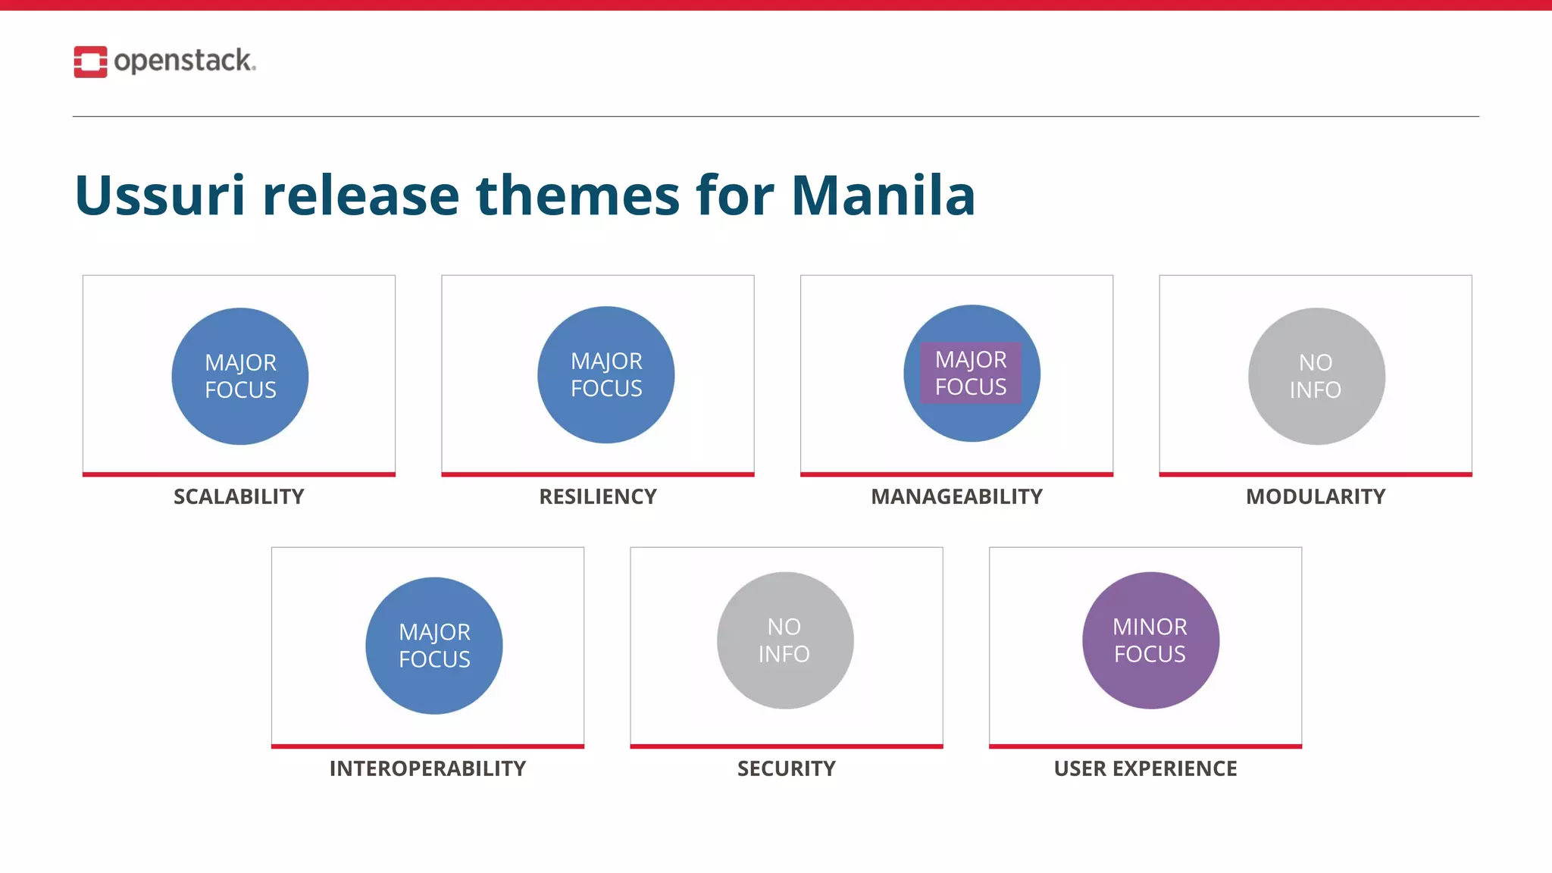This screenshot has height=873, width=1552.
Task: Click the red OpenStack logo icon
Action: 90,61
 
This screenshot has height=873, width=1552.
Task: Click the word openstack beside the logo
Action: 183,61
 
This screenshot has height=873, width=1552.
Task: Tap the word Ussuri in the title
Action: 160,196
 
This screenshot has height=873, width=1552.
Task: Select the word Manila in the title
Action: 883,196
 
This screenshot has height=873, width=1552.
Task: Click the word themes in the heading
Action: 578,196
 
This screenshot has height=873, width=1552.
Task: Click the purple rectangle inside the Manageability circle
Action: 971,373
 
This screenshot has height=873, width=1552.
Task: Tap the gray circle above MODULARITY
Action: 1316,376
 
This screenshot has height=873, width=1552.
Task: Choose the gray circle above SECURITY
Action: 785,640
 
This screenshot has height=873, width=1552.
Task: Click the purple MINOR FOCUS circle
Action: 1150,640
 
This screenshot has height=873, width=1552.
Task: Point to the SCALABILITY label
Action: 239,496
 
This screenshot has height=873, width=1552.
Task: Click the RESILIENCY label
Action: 598,496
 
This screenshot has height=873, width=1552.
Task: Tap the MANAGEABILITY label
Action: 956,496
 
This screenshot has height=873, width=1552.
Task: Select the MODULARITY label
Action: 1316,496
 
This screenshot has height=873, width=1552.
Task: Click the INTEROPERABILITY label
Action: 427,768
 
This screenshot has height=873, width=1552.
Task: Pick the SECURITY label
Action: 787,768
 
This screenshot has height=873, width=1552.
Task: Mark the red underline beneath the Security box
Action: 787,746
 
